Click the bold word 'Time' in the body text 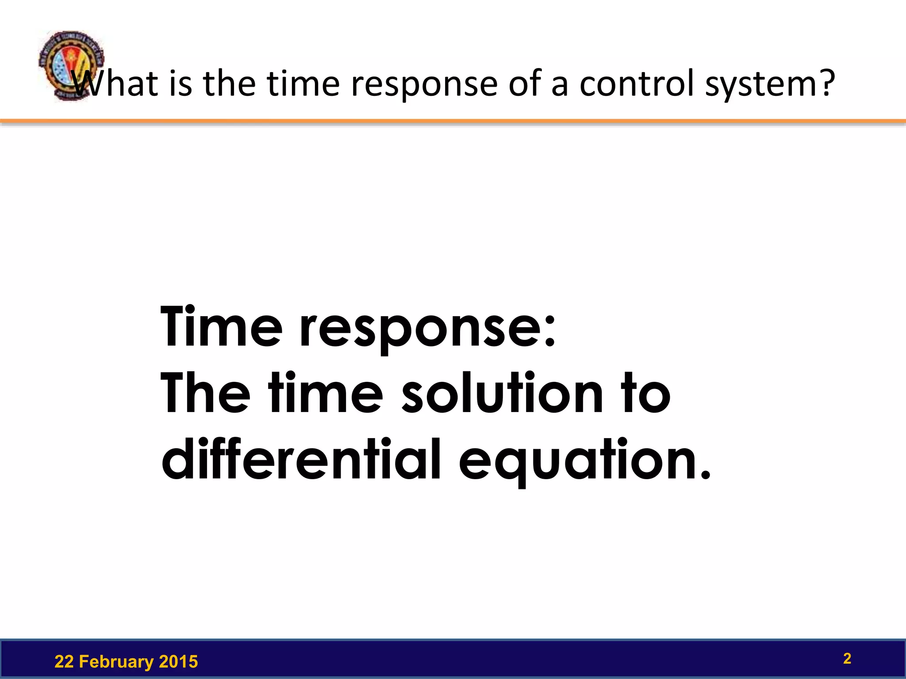pos(221,327)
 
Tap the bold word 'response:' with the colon pos(427,329)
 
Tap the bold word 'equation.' pos(584,462)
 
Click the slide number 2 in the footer pos(847,659)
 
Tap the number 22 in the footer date pos(64,662)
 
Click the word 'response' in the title pos(424,84)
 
